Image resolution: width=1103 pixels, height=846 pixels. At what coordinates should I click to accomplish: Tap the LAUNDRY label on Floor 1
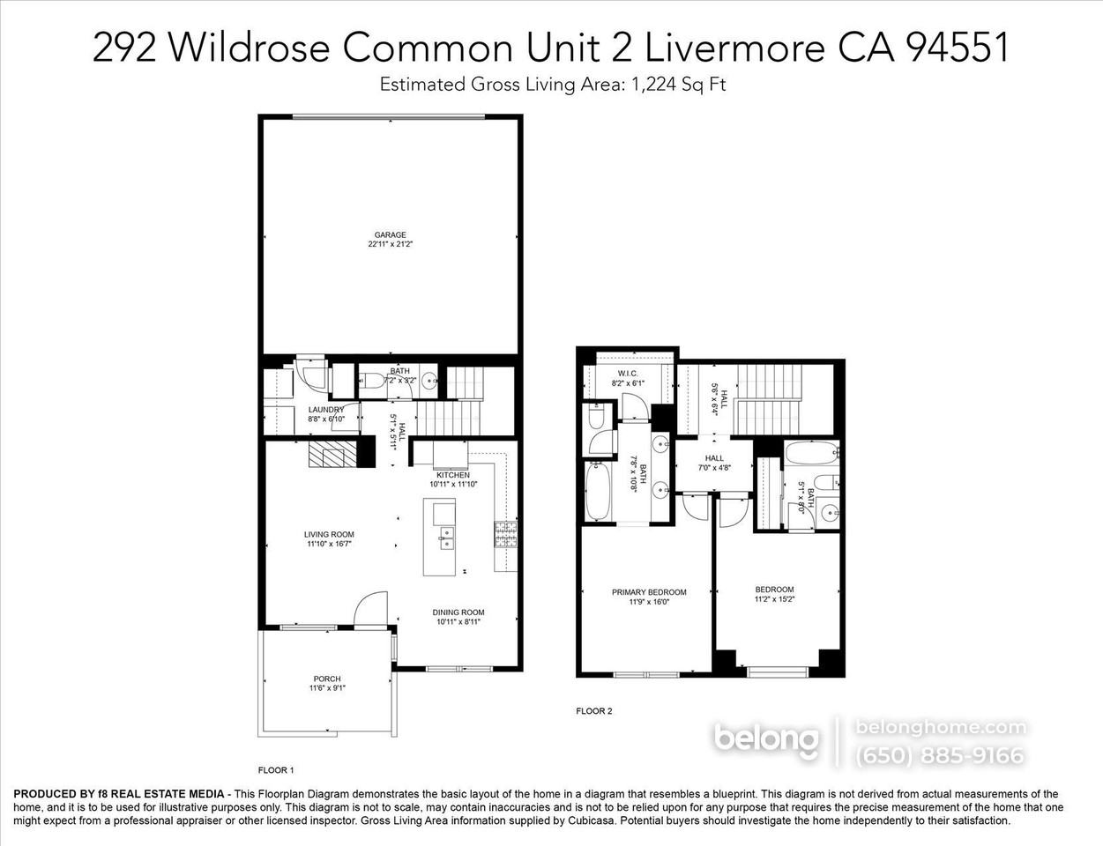pyautogui.click(x=325, y=410)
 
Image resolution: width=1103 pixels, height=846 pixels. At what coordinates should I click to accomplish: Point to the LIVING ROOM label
pyautogui.click(x=329, y=534)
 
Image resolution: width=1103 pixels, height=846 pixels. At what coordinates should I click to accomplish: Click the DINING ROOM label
pyautogui.click(x=458, y=612)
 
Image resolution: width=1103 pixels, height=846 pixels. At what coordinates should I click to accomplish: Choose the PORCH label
pyautogui.click(x=326, y=679)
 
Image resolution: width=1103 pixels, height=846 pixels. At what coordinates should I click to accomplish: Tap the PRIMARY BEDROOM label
pyautogui.click(x=649, y=592)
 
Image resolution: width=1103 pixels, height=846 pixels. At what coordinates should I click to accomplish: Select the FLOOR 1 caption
pyautogui.click(x=275, y=768)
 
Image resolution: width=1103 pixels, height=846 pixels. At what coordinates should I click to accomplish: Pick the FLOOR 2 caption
pyautogui.click(x=593, y=710)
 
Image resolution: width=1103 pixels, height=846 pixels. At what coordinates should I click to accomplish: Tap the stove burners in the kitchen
pyautogui.click(x=506, y=534)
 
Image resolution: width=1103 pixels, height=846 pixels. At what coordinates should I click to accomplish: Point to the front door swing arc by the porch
pyautogui.click(x=370, y=608)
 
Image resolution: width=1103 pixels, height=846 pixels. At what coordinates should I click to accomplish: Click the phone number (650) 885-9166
pyautogui.click(x=940, y=755)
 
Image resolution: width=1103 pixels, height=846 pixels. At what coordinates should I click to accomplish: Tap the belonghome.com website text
pyautogui.click(x=941, y=727)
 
